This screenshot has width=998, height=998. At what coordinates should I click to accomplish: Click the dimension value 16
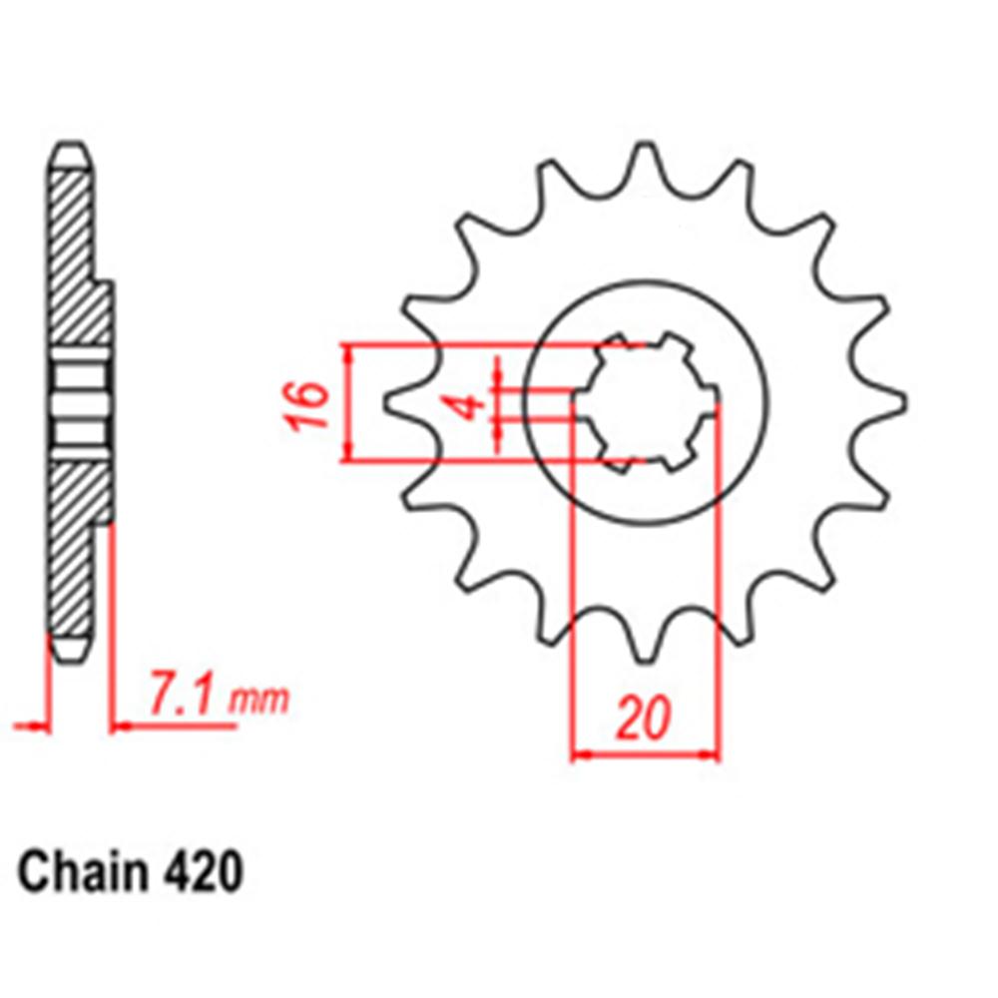pos(313,403)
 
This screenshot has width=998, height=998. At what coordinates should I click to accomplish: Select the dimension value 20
pos(644,719)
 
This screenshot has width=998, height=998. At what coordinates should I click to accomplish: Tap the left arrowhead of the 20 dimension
pos(579,755)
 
